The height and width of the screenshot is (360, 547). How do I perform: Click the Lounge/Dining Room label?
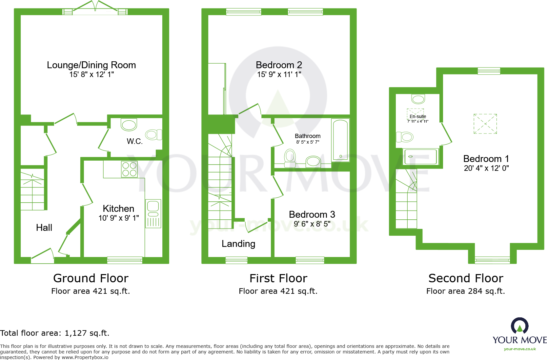click(91, 65)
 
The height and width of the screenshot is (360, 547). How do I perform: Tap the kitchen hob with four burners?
click(129, 169)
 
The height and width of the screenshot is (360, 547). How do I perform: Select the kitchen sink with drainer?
click(153, 213)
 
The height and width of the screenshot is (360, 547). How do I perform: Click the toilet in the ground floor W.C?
click(153, 135)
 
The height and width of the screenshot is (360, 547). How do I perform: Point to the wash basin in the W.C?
click(129, 125)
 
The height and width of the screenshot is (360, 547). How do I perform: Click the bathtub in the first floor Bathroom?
click(340, 140)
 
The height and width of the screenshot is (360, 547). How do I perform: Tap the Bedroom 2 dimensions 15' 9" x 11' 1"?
click(279, 74)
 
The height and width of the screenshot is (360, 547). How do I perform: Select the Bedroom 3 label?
click(312, 214)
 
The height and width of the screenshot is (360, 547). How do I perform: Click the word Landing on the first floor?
click(238, 244)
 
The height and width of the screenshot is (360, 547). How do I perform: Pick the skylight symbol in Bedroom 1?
click(485, 124)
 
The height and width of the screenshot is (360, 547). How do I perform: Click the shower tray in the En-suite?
click(421, 157)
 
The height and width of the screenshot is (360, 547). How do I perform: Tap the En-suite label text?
click(418, 116)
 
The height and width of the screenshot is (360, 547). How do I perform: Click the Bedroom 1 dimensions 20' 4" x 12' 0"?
click(486, 168)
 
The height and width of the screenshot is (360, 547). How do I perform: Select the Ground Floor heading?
click(91, 278)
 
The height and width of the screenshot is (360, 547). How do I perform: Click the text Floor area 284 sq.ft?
click(465, 291)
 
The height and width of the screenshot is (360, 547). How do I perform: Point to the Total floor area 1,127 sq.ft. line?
click(55, 333)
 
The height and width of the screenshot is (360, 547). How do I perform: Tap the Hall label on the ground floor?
click(44, 228)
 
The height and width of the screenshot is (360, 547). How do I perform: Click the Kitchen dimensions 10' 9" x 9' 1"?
click(119, 218)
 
